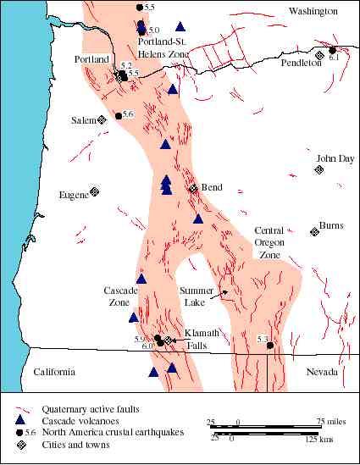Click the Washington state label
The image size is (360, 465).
[313, 11]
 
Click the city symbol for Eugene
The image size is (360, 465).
[95, 192]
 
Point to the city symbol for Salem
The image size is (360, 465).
[102, 119]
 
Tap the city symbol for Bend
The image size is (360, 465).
[193, 188]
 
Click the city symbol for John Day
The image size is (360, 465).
[318, 169]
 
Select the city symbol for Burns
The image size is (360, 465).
[313, 231]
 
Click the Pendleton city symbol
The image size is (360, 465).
[318, 56]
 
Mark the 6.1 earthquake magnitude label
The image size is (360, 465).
[333, 57]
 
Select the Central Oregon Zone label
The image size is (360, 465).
[269, 242]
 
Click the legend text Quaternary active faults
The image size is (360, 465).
[83, 407]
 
